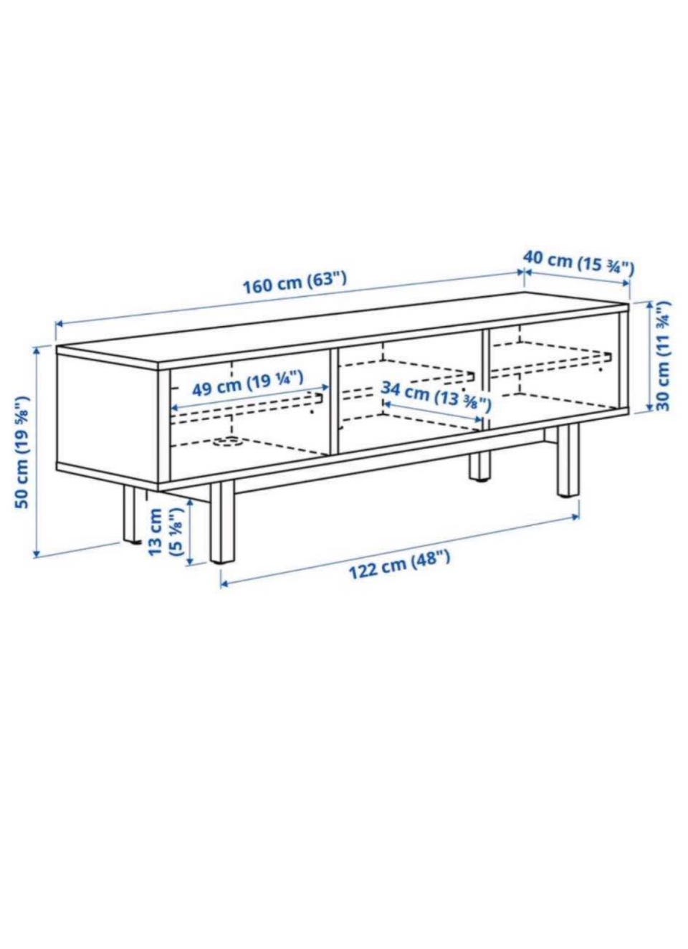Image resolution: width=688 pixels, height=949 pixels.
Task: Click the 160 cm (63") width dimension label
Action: (295, 282)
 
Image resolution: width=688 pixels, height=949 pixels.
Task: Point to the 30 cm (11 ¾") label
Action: (663, 356)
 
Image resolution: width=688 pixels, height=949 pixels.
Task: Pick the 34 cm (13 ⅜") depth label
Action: (436, 396)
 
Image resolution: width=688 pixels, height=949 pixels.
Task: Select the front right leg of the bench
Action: (568, 462)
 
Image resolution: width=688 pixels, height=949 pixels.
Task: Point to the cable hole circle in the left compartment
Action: (228, 442)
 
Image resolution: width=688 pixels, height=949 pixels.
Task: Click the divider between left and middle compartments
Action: (333, 403)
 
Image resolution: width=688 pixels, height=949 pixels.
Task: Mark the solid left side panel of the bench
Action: (107, 418)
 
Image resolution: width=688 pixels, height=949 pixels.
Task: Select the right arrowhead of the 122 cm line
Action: (575, 516)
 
